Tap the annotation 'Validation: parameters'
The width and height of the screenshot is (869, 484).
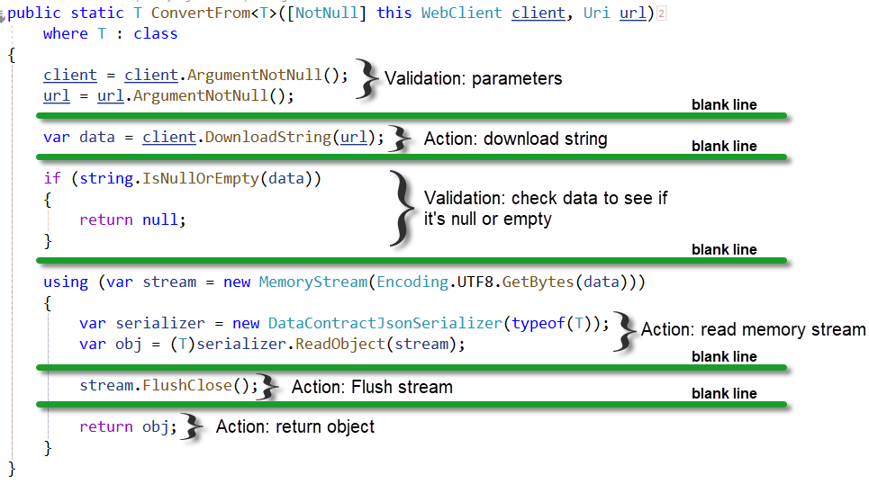pyautogui.click(x=474, y=79)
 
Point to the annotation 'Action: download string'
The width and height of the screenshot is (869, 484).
pyautogui.click(x=516, y=139)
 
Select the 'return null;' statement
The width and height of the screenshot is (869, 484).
pyautogui.click(x=132, y=220)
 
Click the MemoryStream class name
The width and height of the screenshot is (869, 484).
pyautogui.click(x=312, y=282)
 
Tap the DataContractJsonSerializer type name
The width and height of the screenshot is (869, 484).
pyautogui.click(x=385, y=324)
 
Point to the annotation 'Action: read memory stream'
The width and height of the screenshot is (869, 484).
pyautogui.click(x=753, y=330)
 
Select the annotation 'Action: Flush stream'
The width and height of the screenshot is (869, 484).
pyautogui.click(x=372, y=388)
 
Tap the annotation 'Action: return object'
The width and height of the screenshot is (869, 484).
pyautogui.click(x=295, y=427)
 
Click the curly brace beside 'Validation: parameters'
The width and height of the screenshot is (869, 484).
pyautogui.click(x=366, y=79)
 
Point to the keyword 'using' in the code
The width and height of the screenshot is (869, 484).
pyautogui.click(x=66, y=282)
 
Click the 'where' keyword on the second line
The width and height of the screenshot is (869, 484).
pyautogui.click(x=66, y=34)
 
